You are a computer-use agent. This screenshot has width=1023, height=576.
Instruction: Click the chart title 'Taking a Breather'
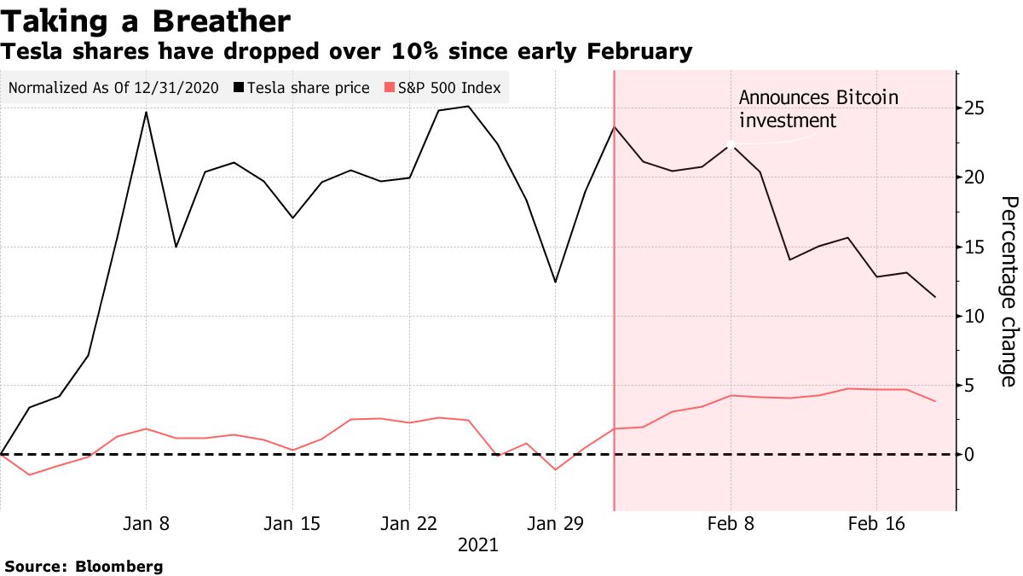146,20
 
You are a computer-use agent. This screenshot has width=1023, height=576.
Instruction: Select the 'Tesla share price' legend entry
306,88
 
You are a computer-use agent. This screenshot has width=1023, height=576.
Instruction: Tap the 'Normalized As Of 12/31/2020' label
113,88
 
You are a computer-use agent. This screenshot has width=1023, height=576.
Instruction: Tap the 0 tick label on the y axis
969,455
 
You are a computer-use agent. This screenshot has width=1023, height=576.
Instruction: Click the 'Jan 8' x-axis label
146,523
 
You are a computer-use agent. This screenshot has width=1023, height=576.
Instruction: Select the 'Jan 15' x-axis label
292,523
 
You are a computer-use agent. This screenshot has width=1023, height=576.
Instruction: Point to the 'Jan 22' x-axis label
408,523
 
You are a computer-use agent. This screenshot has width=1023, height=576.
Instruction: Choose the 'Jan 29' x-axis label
555,523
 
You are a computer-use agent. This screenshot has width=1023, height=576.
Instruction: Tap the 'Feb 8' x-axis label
731,523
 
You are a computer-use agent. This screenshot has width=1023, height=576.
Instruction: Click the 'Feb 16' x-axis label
876,523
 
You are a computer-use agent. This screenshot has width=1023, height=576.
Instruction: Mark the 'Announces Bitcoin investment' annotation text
818,109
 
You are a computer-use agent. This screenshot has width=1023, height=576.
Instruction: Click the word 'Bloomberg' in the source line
119,566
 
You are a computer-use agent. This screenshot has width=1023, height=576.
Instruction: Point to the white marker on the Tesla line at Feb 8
731,145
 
